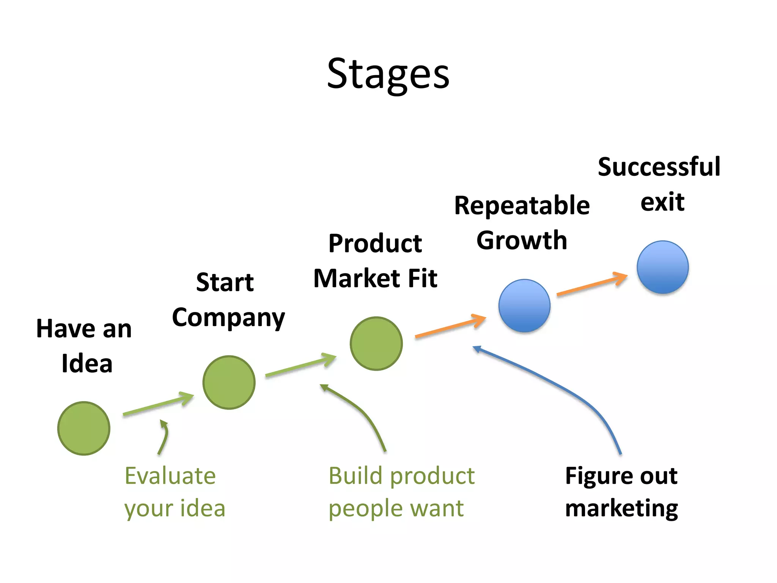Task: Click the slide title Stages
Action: pos(388,74)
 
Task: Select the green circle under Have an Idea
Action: pos(84,428)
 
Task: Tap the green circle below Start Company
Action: pos(229,382)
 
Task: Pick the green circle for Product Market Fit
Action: pos(376,343)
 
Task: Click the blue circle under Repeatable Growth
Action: pos(524,306)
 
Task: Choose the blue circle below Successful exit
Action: pos(662,267)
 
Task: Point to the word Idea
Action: pos(87,363)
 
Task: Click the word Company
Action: pos(228,318)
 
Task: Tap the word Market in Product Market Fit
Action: pos(357,278)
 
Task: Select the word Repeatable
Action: pos(522,206)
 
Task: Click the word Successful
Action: pos(659,167)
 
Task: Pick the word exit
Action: pos(662,202)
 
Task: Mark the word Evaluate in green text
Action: pos(170,476)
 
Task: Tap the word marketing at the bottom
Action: pos(621,509)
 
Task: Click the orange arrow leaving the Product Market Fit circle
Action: pos(450,326)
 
